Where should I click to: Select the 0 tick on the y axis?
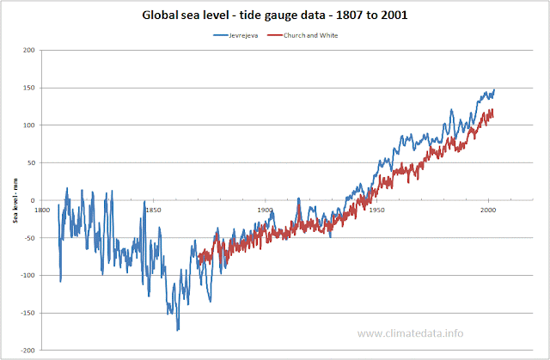[x=32, y=200]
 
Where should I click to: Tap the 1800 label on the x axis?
[x=41, y=209]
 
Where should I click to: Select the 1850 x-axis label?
[x=153, y=209]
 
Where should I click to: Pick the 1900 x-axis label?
[x=265, y=209]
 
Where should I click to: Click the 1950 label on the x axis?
[x=376, y=209]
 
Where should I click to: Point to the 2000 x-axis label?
[x=488, y=209]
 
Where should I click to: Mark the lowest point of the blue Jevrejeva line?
[x=178, y=330]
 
